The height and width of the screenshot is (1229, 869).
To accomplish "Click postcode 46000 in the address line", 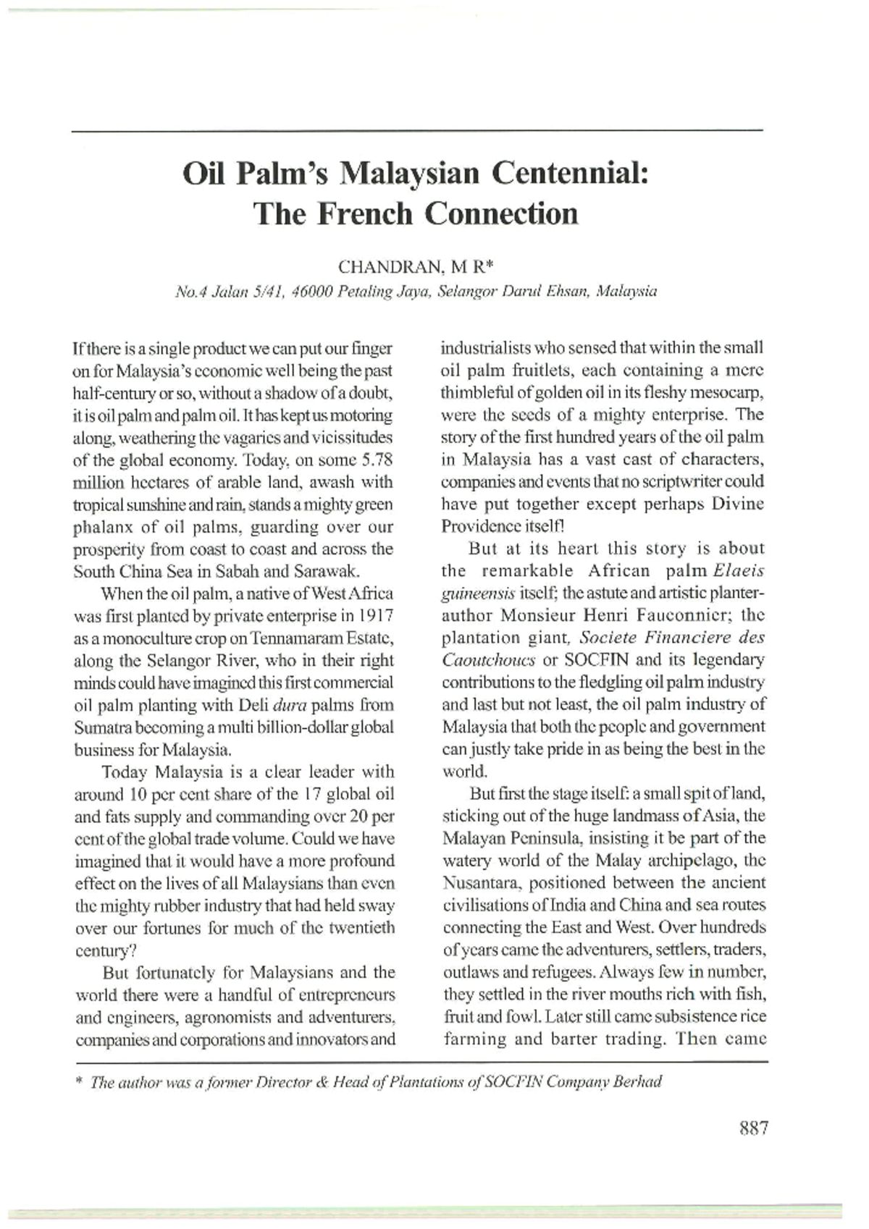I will [x=311, y=292].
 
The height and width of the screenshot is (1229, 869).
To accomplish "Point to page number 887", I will [x=753, y=1128].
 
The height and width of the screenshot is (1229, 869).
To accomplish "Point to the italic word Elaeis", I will [x=739, y=570].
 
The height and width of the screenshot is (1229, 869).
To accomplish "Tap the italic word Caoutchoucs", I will [x=489, y=660].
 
